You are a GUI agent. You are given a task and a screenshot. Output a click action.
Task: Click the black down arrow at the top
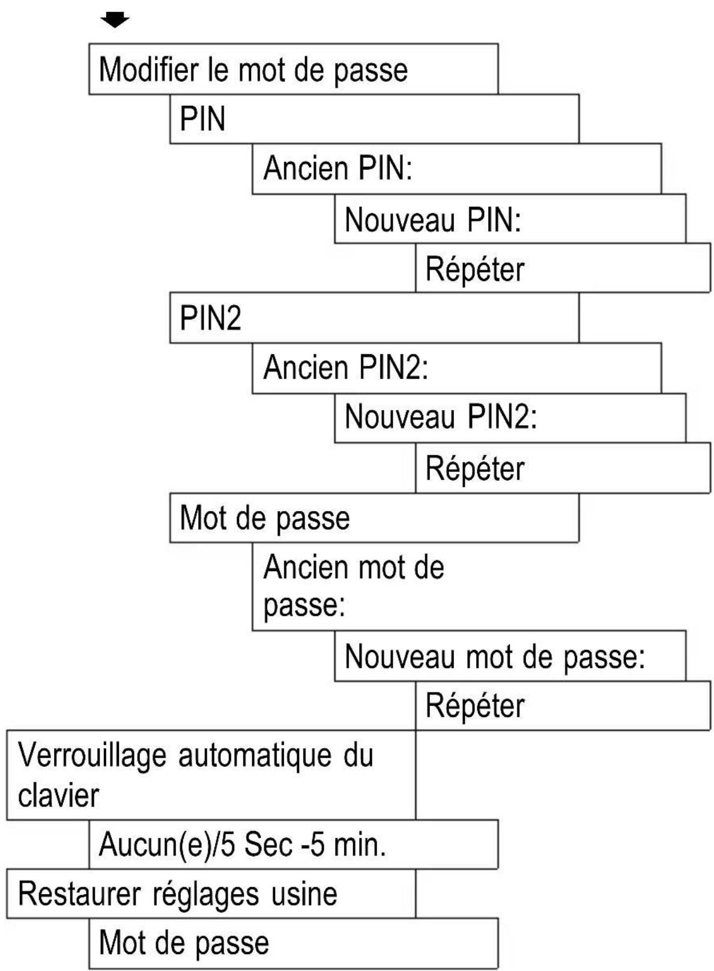click(x=115, y=20)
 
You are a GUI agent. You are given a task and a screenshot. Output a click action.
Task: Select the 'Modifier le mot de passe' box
click(x=293, y=69)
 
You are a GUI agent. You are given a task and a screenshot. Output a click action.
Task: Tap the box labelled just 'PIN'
click(x=374, y=119)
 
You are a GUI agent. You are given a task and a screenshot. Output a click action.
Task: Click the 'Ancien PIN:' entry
click(x=456, y=169)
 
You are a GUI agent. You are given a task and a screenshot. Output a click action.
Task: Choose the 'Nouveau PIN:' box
click(x=509, y=219)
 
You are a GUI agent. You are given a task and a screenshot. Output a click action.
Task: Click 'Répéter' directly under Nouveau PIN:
click(x=562, y=268)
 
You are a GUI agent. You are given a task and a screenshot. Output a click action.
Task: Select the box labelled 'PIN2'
click(x=374, y=318)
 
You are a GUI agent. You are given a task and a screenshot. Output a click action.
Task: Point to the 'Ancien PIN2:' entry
click(x=456, y=368)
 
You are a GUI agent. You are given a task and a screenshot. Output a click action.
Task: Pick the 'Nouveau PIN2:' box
click(x=509, y=418)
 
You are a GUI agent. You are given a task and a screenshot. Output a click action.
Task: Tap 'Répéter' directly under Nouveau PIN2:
click(x=562, y=468)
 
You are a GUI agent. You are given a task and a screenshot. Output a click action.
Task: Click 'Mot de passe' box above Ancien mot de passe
click(x=374, y=518)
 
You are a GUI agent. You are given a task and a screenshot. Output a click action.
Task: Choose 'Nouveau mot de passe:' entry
click(x=509, y=656)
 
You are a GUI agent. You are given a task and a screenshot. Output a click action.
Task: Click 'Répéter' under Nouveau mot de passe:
click(x=562, y=706)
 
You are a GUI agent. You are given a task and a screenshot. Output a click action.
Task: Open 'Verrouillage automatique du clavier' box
click(x=210, y=775)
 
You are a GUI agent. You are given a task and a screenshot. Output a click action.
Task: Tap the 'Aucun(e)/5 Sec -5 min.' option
click(x=293, y=845)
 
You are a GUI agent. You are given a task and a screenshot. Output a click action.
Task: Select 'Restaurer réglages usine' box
click(x=210, y=894)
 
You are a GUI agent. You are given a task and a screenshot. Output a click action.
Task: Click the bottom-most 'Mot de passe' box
click(x=293, y=943)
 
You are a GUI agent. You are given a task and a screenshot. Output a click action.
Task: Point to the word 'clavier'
click(x=58, y=796)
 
